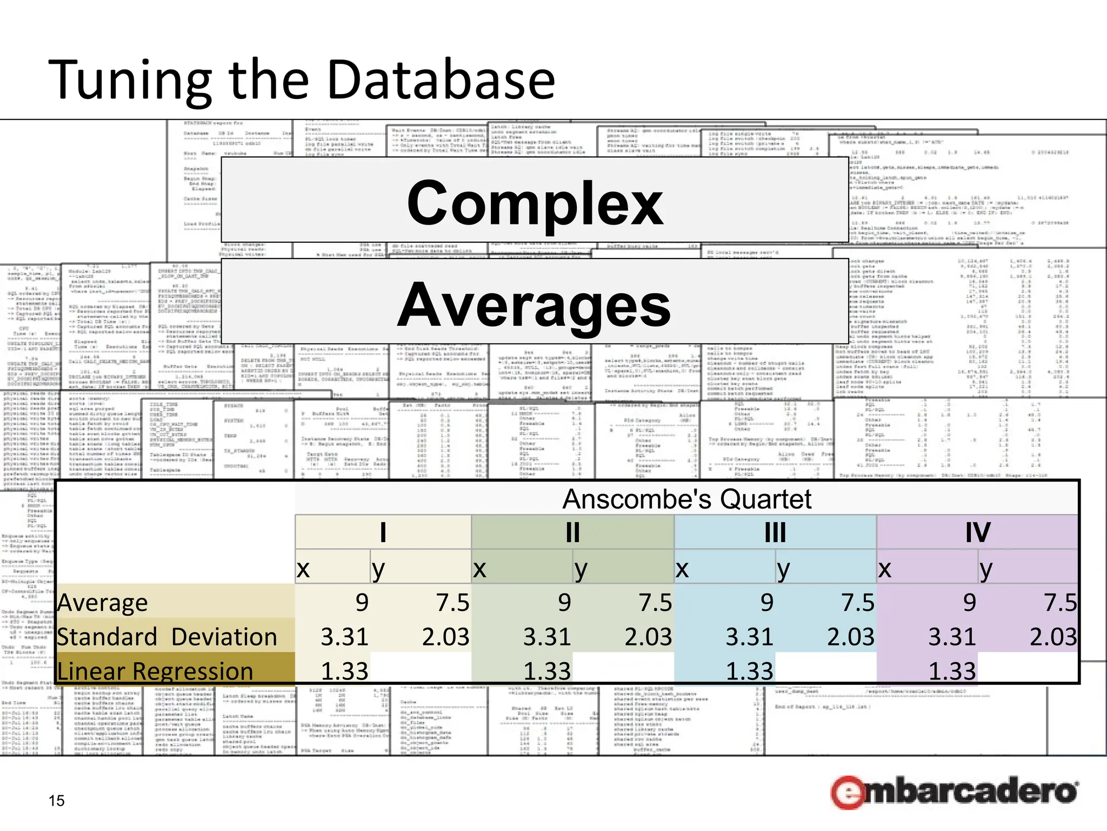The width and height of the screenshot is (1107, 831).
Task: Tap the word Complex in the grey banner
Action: click(535, 203)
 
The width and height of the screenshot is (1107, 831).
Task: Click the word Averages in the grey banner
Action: click(535, 306)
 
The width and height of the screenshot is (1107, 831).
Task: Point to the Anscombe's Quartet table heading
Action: click(686, 499)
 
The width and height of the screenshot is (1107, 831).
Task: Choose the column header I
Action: click(383, 532)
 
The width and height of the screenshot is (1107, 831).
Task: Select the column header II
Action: click(572, 532)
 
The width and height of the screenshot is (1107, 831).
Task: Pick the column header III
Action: click(775, 532)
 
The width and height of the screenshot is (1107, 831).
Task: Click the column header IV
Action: click(978, 532)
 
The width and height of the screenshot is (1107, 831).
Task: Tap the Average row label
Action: click(103, 603)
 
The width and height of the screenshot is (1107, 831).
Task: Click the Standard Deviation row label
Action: click(166, 637)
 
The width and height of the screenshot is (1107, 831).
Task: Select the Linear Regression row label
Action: click(155, 671)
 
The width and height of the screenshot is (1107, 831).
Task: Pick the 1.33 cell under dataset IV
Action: click(952, 671)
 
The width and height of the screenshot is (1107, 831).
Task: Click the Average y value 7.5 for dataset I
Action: click(453, 603)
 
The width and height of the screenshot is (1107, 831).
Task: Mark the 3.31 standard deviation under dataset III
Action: click(749, 637)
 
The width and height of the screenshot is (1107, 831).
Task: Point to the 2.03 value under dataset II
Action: click(648, 637)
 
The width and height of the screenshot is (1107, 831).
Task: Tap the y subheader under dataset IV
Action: click(986, 569)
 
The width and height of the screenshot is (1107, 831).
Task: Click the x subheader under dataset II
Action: click(479, 569)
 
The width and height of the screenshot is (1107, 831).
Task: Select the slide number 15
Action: click(56, 801)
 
